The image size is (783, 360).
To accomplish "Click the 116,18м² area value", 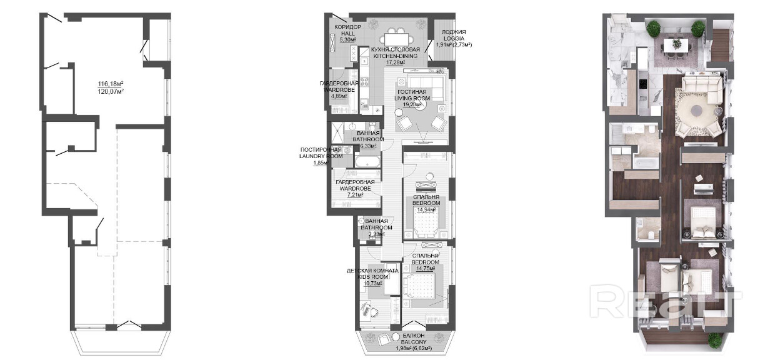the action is coord(111,84).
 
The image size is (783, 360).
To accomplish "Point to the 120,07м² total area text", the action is coord(111,91).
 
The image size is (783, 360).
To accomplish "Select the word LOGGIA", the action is coord(452,37).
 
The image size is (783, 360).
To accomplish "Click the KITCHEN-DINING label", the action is coord(396,56).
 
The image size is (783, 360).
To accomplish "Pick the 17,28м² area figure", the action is coord(396,62).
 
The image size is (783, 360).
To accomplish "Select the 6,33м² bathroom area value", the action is coord(367,146).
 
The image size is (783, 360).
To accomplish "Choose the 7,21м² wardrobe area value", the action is coord(354,194).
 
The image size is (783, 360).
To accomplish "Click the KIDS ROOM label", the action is coord(372,276).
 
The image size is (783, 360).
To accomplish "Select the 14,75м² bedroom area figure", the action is coord(426,269).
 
